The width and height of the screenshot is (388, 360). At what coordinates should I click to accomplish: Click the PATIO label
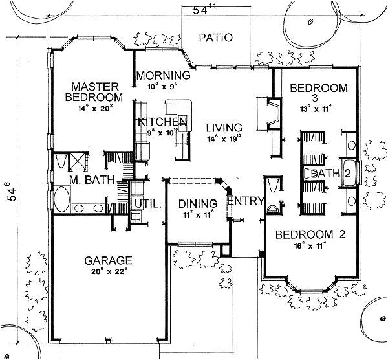tap(215, 38)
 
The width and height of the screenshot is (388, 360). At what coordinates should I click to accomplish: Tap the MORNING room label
tap(162, 75)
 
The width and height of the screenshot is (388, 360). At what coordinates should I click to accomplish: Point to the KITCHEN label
tap(162, 122)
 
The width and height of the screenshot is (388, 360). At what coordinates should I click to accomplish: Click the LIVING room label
tap(220, 127)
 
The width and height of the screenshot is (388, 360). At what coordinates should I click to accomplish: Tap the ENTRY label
tap(246, 201)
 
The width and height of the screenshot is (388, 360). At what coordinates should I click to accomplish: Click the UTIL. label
tap(147, 203)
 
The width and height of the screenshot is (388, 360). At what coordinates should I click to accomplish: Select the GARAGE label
tap(108, 261)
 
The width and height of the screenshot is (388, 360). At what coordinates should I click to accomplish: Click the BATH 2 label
tap(330, 174)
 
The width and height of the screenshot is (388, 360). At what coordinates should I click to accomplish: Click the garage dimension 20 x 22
tap(108, 272)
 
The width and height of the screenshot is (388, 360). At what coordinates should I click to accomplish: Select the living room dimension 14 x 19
tap(220, 138)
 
